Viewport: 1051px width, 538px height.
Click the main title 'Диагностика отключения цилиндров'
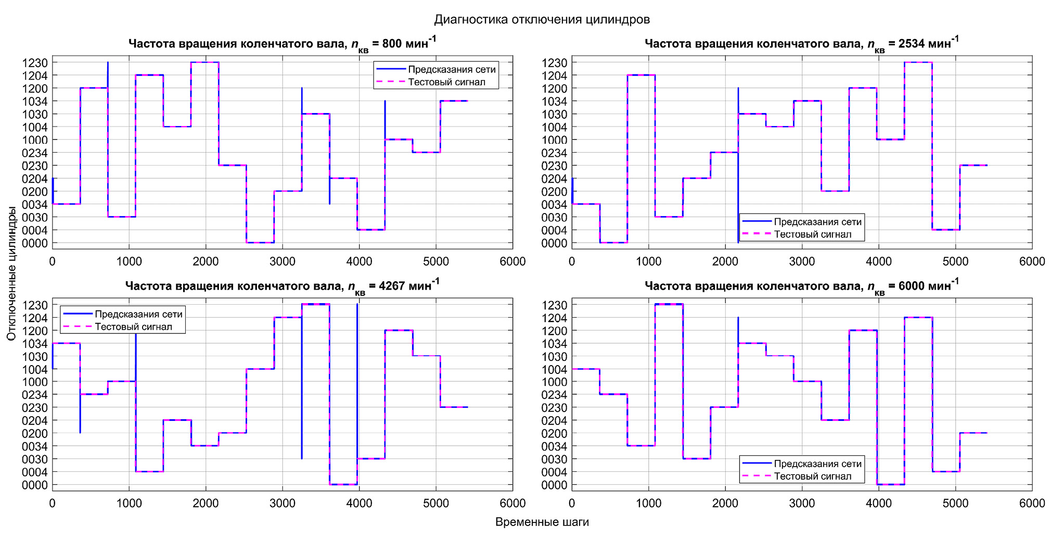click(x=542, y=20)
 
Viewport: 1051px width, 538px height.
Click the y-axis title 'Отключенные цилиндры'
click(x=11, y=273)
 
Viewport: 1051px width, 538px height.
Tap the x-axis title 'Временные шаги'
click(x=542, y=522)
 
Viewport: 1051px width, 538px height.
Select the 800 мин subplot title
click(x=282, y=44)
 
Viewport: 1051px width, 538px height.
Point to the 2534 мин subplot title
click(x=801, y=44)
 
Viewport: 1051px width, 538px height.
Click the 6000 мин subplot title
click(x=801, y=286)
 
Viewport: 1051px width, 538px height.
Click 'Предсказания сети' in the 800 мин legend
click(x=452, y=69)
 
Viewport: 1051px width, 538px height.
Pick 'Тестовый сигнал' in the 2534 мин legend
click(x=813, y=234)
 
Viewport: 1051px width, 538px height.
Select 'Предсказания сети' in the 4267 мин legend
click(x=138, y=314)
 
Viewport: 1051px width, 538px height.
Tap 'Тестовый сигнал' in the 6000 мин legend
click(x=813, y=476)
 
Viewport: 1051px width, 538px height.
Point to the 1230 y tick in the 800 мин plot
click(x=35, y=62)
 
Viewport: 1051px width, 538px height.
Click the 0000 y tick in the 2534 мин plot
click(x=555, y=243)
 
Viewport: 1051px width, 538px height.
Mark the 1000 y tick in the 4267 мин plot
click(x=35, y=382)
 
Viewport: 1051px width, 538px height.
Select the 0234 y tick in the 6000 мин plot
click(x=555, y=395)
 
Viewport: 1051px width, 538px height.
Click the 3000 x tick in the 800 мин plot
click(x=283, y=261)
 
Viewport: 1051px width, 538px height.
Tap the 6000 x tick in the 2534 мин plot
click(x=1032, y=261)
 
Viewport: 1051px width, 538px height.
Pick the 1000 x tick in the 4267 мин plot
click(x=129, y=503)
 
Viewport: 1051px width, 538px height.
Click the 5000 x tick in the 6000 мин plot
click(x=956, y=503)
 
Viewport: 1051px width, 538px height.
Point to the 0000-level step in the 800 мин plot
click(x=260, y=243)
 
